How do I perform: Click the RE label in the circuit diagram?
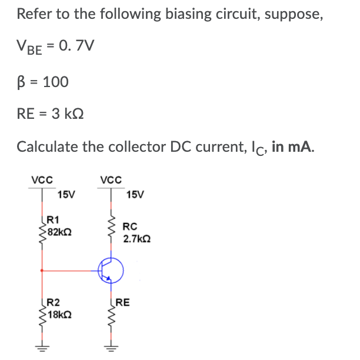tap(123, 304)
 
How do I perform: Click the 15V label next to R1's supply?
tap(66, 194)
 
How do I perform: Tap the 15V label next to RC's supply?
tap(135, 194)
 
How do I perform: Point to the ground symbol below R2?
tap(42, 346)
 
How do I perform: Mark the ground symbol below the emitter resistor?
tap(109, 346)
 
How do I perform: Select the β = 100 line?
tap(42, 81)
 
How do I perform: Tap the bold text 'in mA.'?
tap(294, 146)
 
